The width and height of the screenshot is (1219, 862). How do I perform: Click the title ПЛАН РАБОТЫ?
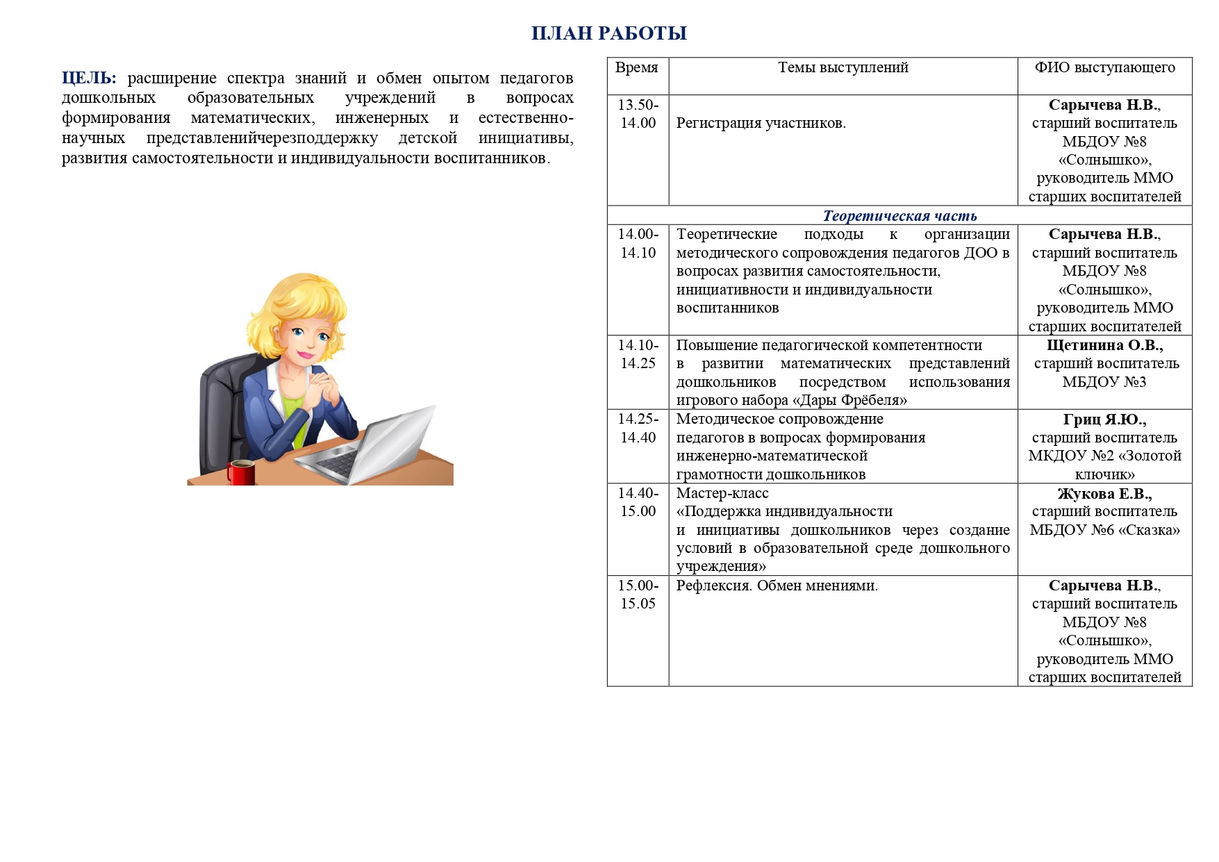pos(609,33)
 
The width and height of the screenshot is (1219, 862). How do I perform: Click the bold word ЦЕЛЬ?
pos(88,78)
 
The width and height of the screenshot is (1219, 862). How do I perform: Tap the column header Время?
pos(637,67)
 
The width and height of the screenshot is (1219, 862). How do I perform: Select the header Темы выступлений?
pos(843,67)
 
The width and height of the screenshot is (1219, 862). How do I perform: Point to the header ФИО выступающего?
pos(1104,67)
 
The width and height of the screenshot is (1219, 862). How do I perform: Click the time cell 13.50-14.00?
pos(638,114)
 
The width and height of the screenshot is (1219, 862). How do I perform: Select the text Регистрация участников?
pos(761,124)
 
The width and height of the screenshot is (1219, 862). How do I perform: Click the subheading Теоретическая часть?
pos(899,216)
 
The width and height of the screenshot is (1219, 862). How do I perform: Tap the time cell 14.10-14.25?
pos(638,354)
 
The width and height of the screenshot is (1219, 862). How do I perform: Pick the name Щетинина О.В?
pos(1104,345)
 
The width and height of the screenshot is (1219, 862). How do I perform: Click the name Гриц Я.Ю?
pos(1104,420)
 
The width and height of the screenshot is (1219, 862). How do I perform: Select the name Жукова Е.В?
pos(1104,494)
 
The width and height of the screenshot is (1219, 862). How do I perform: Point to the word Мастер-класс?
pos(722,493)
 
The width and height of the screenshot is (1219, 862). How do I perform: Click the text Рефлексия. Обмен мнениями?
pos(777,586)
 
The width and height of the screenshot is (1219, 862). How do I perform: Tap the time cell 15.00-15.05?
pos(638,595)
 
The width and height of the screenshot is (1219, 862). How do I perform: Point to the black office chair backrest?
pos(222,403)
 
